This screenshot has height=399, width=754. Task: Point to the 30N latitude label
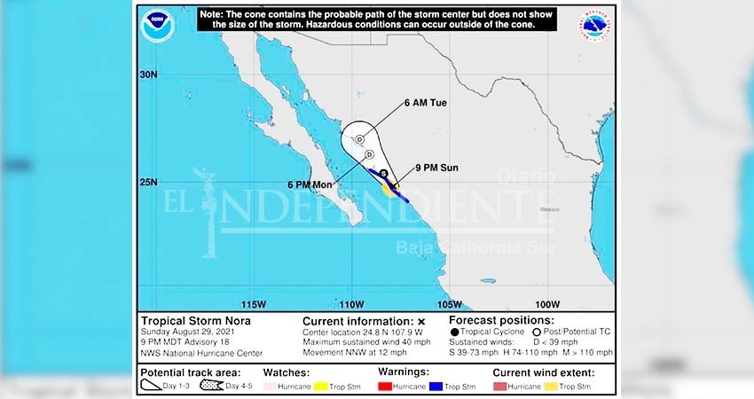point(148,75)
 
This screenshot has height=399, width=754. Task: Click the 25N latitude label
point(148,183)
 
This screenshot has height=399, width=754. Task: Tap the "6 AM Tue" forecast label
point(425,103)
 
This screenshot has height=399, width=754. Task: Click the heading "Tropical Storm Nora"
point(195,321)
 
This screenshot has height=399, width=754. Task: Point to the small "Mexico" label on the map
point(548,209)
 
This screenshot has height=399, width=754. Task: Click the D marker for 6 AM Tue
point(359,139)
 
